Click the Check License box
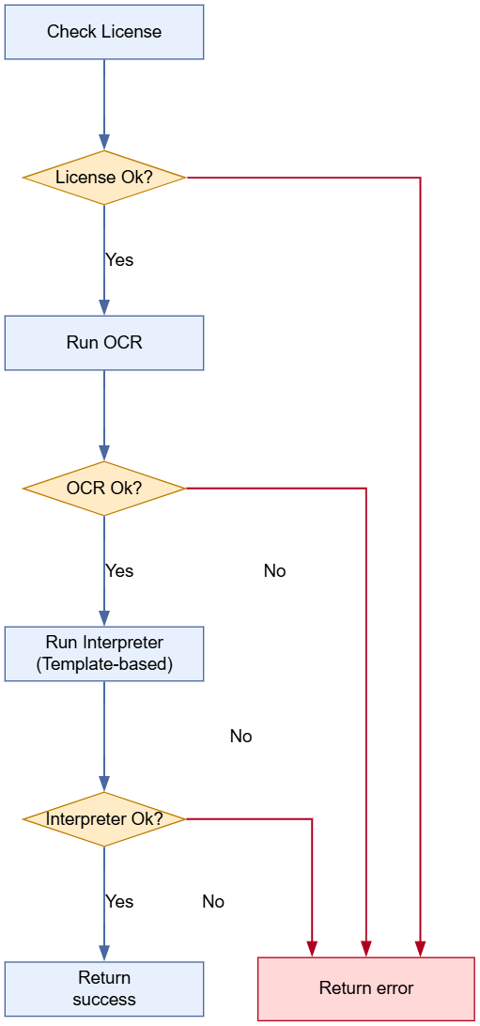[104, 32]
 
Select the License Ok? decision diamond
[104, 178]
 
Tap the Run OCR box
[104, 343]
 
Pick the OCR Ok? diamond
[104, 489]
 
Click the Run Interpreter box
[104, 654]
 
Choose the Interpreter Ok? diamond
[104, 819]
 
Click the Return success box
[104, 989]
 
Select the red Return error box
[366, 988]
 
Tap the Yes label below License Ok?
[119, 260]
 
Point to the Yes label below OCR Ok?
[119, 571]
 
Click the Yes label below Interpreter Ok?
[119, 902]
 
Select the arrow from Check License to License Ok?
[104, 103]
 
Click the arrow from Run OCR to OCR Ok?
[104, 413]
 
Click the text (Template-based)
[104, 664]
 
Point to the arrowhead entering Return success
[104, 954]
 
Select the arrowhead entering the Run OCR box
[104, 307]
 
